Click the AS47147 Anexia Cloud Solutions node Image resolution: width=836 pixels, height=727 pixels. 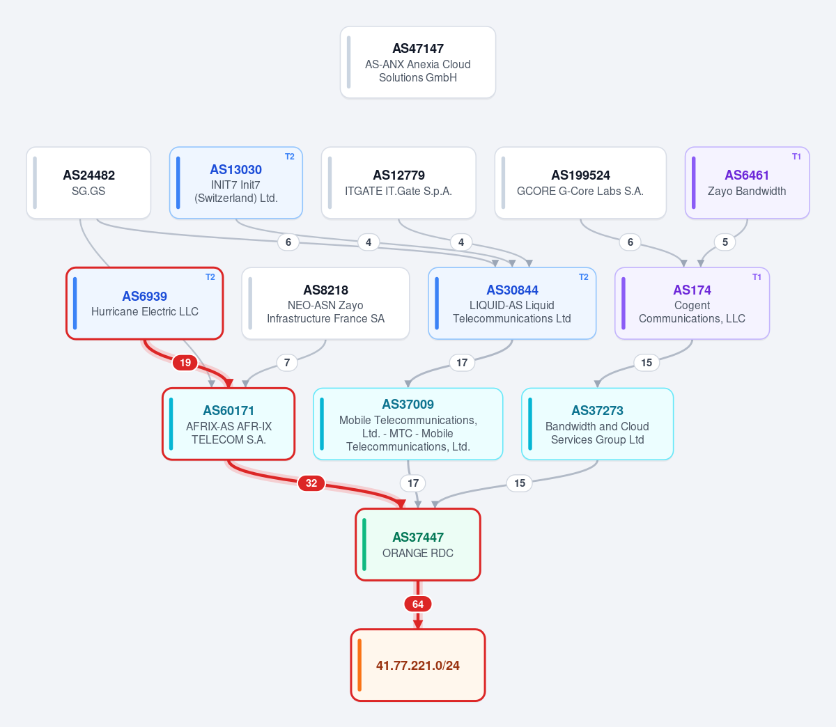(417, 62)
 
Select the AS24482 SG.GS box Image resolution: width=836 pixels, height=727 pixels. (88, 182)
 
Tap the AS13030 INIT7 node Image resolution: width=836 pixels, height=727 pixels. (235, 182)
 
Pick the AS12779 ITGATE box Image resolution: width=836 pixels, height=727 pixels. (398, 182)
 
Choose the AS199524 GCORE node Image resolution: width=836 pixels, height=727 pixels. (580, 182)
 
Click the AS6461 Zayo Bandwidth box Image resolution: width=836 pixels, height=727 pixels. (747, 182)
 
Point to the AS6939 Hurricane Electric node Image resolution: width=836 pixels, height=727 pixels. (145, 303)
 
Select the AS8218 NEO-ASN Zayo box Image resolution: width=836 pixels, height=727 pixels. (325, 303)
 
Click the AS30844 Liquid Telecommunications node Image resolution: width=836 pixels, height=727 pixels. (512, 303)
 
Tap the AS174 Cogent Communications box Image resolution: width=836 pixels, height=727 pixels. (692, 303)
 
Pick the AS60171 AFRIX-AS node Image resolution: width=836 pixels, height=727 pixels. (229, 424)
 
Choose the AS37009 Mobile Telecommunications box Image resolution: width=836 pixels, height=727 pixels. (408, 424)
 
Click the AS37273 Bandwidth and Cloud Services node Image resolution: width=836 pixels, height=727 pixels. (597, 424)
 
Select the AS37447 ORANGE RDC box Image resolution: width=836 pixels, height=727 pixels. (417, 545)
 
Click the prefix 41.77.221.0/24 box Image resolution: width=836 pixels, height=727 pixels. (417, 665)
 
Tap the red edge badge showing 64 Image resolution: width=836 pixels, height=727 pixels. (417, 604)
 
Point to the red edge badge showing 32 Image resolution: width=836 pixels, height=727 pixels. (311, 483)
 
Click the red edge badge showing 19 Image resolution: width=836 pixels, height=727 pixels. (185, 363)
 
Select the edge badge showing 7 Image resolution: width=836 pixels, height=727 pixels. (287, 363)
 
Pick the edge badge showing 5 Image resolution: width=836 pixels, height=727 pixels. (725, 242)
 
